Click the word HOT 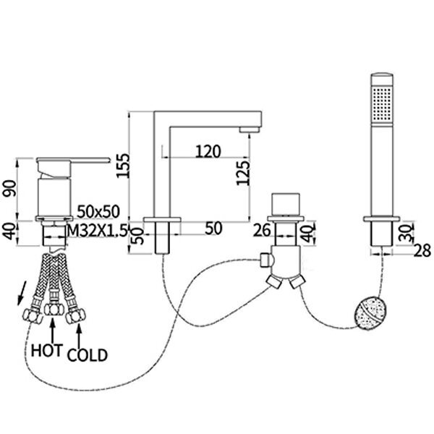click(47, 350)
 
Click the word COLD click(88, 355)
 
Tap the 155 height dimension click(123, 166)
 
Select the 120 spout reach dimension click(208, 151)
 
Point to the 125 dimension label click(243, 173)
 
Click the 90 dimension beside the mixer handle click(9, 189)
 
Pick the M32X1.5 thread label click(98, 230)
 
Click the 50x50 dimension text click(98, 212)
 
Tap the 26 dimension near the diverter click(262, 231)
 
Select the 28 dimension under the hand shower click(422, 251)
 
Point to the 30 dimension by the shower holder click(407, 233)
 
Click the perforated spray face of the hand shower click(382, 103)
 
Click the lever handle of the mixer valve click(73, 161)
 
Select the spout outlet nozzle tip click(250, 129)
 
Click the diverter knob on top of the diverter click(286, 204)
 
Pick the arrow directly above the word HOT click(53, 331)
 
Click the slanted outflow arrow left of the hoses click(22, 293)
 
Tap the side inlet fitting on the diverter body click(266, 260)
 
